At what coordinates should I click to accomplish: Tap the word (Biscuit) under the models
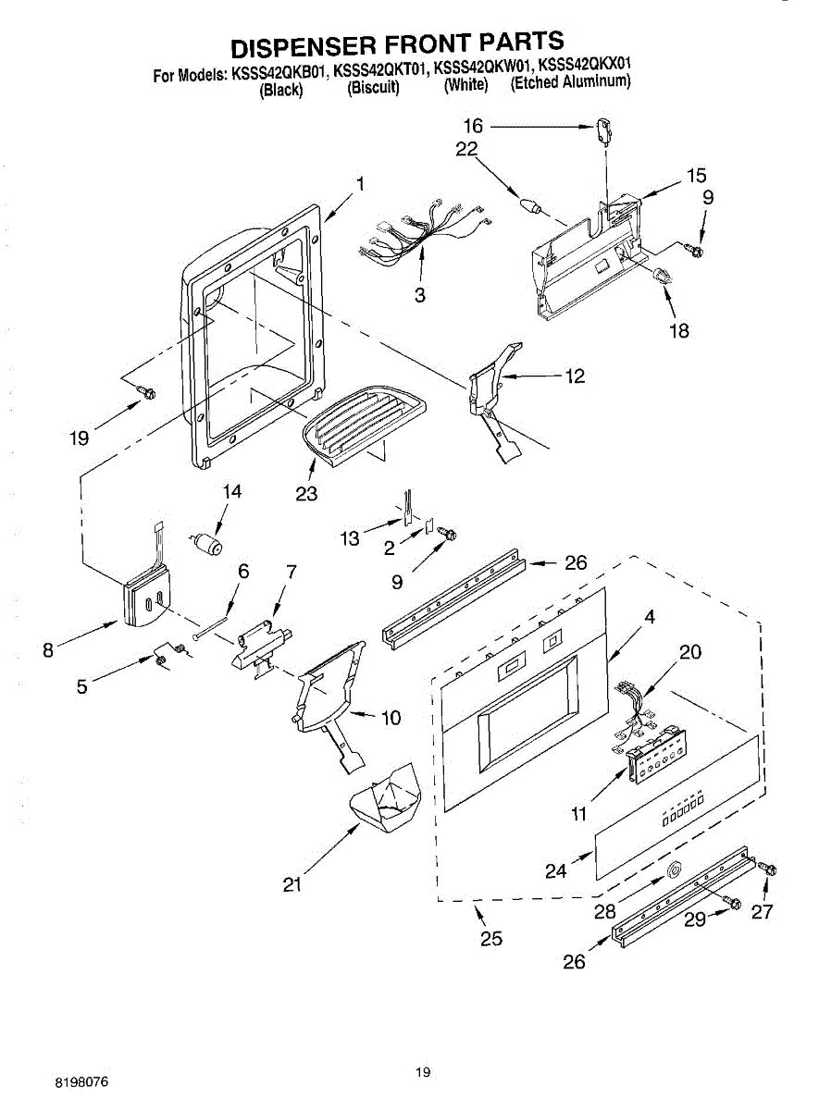373,89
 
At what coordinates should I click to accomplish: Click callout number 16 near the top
473,126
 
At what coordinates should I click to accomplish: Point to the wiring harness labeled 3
421,237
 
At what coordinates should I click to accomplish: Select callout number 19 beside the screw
80,438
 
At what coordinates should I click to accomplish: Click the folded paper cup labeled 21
387,799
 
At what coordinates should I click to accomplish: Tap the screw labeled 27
766,869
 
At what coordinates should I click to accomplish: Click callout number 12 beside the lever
575,376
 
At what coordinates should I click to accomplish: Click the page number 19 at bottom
423,1072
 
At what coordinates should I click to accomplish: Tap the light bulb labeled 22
530,204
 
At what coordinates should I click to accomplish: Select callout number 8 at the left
48,649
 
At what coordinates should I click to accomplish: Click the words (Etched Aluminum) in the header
571,82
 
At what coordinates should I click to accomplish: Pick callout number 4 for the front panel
651,617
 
